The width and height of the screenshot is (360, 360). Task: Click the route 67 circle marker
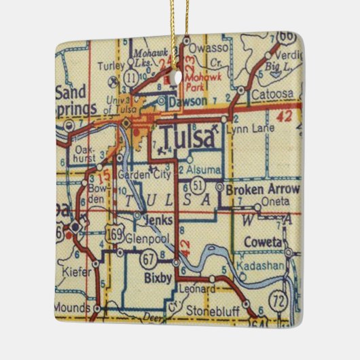tap(150, 259)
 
